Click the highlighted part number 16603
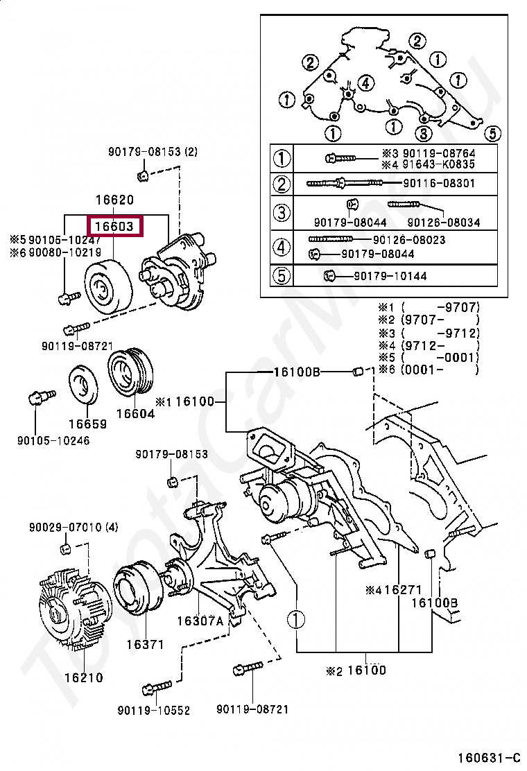coord(115,226)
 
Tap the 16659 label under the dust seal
coord(87,424)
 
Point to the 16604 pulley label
coord(135,413)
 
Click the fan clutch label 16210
coord(83,677)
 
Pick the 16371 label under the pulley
coord(145,644)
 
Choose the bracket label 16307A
coord(200,621)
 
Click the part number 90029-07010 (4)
coord(74,528)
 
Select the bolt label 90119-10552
coord(154,711)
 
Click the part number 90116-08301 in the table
coord(440,183)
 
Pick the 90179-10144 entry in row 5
coord(390,276)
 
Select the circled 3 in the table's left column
coord(281,213)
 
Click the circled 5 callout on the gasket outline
coord(492,132)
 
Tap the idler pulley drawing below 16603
coord(107,286)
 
